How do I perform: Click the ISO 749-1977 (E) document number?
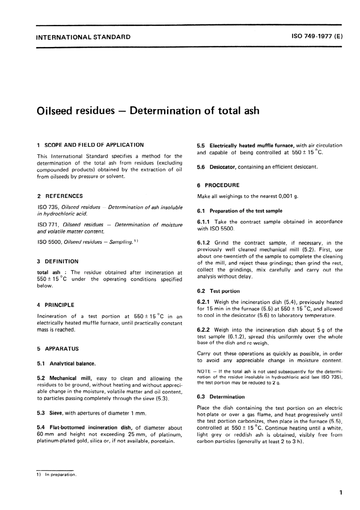[317, 37]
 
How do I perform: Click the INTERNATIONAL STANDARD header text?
[83, 37]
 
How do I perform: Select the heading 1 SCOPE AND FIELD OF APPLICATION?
[91, 145]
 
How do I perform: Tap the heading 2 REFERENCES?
[60, 196]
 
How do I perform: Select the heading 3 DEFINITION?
[58, 261]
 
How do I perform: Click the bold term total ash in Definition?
[49, 272]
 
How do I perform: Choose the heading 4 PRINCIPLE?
[56, 305]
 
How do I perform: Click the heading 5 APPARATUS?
[58, 348]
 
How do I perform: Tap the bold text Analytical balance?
[72, 364]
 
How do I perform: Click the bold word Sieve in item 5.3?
[56, 413]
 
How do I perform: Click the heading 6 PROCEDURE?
[218, 185]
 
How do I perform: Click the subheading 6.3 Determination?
[221, 397]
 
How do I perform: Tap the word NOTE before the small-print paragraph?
[204, 372]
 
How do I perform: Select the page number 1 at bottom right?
[341, 493]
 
